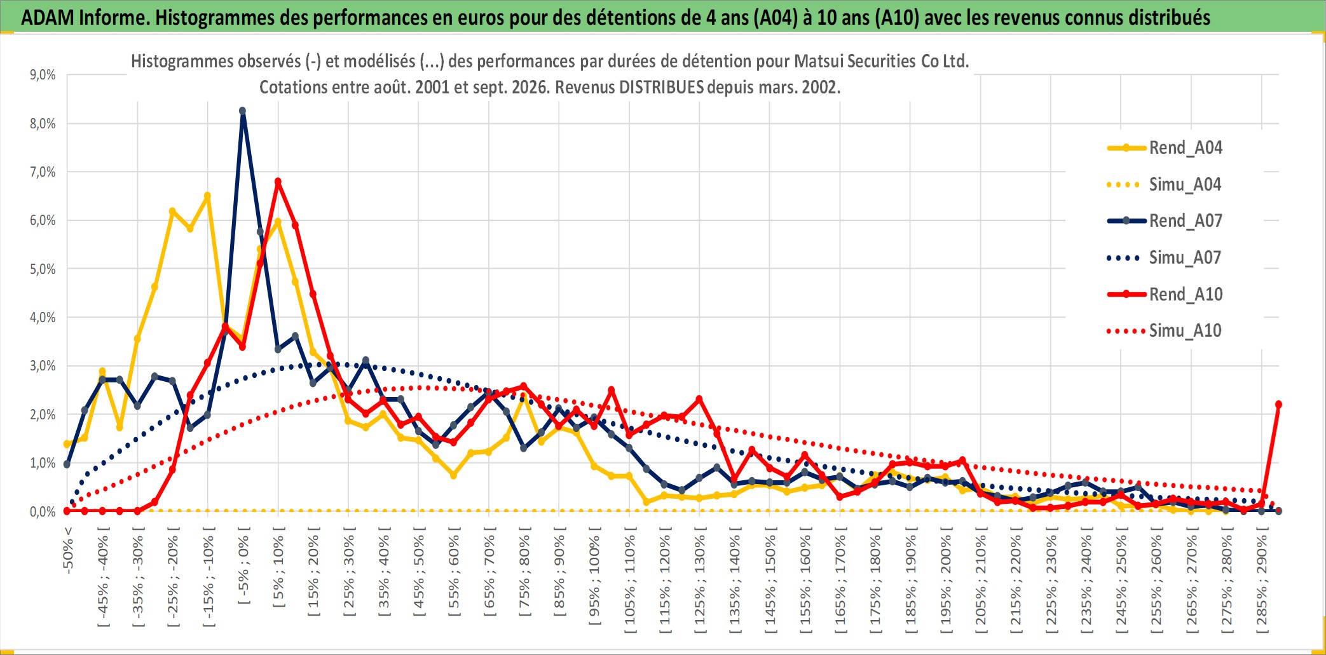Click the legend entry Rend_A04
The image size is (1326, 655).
[x=1165, y=147]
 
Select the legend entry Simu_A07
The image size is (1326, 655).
[x=1165, y=257]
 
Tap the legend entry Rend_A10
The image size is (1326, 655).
[x=1165, y=294]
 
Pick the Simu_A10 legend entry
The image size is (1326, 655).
[x=1165, y=330]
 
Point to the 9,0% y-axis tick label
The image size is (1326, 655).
[x=43, y=75]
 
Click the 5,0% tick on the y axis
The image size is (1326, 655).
[x=43, y=269]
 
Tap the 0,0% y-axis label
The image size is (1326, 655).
[x=43, y=511]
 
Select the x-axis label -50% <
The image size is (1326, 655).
[x=68, y=550]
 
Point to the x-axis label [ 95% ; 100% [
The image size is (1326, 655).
[x=594, y=576]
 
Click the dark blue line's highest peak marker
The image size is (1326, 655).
[x=242, y=111]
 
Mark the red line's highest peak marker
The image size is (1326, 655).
[x=278, y=182]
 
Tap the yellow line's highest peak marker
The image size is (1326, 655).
[x=207, y=196]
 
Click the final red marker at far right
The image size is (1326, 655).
[x=1278, y=404]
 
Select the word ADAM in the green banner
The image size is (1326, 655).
[x=48, y=17]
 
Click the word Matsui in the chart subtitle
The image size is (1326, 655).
[x=817, y=61]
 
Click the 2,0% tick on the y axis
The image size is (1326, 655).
[x=43, y=414]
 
